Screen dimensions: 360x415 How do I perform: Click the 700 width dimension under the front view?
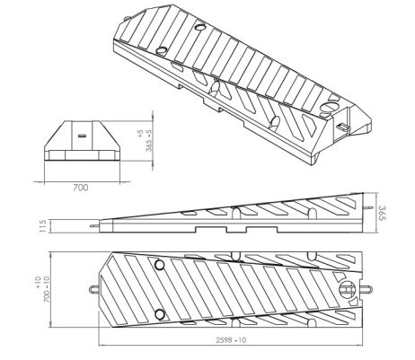[80, 188]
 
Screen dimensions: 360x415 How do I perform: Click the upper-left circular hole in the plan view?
[159, 266]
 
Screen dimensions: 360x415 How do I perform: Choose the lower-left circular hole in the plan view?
[159, 312]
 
